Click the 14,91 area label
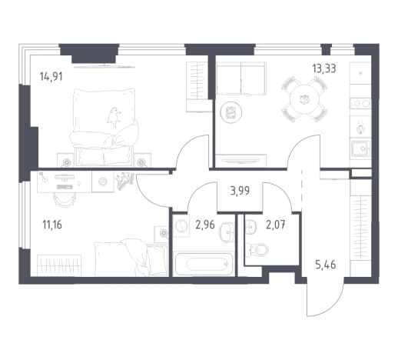coord(51,77)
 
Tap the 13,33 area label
coord(324,68)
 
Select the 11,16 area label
coord(52,225)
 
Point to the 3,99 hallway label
coord(240,191)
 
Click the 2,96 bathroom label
coord(205,225)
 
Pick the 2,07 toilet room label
coord(276,225)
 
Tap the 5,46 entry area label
coord(326,265)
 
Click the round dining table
coord(304,98)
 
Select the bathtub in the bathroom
coord(204,264)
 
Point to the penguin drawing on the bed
coord(114,117)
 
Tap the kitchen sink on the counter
coord(360,148)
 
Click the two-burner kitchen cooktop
coord(360,104)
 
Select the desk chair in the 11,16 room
coord(64,199)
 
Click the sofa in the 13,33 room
coord(241,78)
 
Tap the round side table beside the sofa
coord(231,112)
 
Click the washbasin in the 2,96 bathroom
coord(227,232)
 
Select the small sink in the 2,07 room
coord(250,227)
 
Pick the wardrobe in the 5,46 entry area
coord(360,228)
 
